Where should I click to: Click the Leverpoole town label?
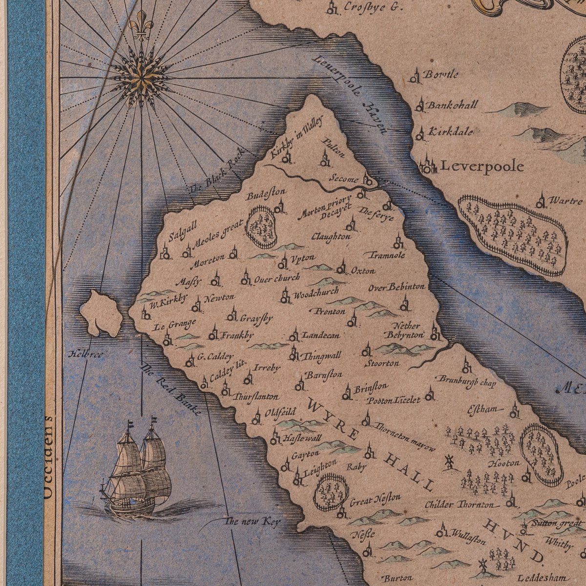pos(482,166)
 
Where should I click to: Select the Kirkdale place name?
pos(450,132)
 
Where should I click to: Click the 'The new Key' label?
pos(252,522)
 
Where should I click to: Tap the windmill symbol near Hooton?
pos(449,461)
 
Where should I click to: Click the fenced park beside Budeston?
pos(261,227)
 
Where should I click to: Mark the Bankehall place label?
pos(452,105)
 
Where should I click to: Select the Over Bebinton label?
pos(397,287)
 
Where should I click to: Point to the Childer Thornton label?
pos(459,504)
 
